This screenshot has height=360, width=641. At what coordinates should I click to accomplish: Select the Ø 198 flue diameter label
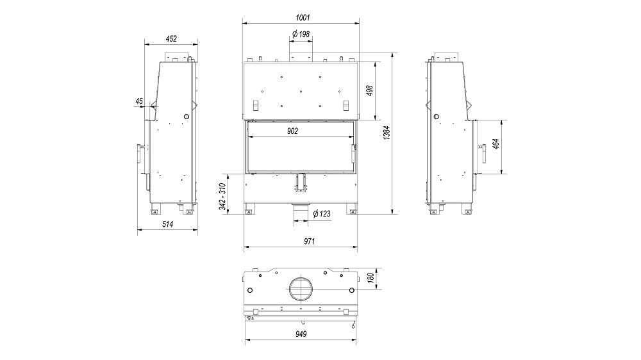301,33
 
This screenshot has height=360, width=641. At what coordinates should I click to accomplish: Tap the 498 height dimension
370,90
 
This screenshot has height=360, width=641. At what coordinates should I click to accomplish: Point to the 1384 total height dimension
387,133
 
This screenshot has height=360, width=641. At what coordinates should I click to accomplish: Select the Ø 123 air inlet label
320,214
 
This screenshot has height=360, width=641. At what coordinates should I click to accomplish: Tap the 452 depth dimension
171,39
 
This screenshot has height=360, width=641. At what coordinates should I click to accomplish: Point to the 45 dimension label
139,101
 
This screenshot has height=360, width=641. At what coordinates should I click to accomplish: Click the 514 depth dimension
167,224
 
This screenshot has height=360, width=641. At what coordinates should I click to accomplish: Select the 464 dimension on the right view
496,147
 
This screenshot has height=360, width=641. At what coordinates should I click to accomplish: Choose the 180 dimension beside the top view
370,277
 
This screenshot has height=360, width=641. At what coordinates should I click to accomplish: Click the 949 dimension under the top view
301,334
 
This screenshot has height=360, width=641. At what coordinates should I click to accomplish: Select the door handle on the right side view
480,154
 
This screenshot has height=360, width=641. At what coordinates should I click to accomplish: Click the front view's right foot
351,209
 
